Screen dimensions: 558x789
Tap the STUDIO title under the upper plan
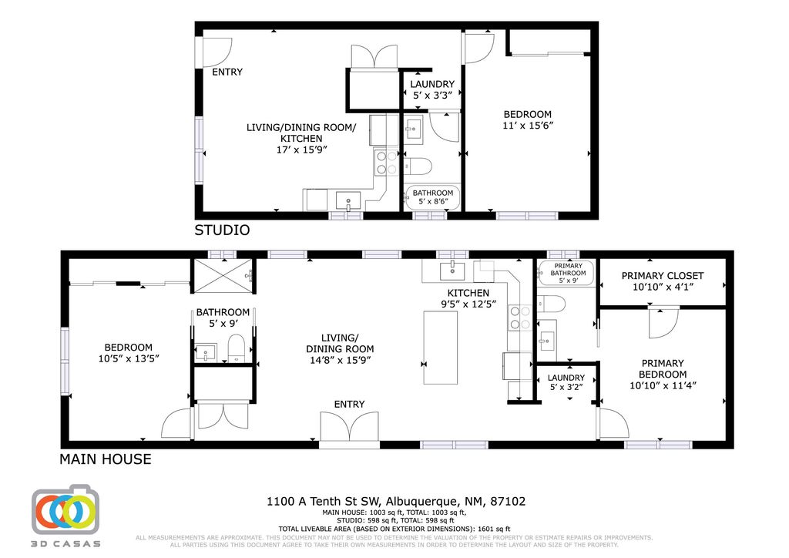(x=221, y=230)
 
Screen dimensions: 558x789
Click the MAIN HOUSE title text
(x=106, y=459)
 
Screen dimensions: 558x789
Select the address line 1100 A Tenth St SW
(x=396, y=501)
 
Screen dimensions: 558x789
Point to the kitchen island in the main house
(x=440, y=348)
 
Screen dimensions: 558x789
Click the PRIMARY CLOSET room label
(x=663, y=276)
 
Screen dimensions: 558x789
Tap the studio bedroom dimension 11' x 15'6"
(x=528, y=125)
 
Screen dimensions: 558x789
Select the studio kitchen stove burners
(x=386, y=162)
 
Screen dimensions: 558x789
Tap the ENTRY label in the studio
(x=227, y=72)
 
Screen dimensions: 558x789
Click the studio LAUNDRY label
(x=432, y=85)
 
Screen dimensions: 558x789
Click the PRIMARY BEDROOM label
(x=663, y=369)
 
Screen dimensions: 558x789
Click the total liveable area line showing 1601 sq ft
(x=394, y=528)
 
